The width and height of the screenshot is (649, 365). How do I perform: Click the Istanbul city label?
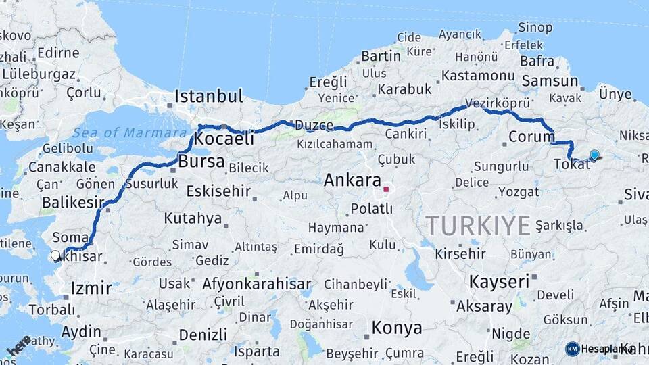point(208,96)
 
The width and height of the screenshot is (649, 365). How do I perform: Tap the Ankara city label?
point(352,180)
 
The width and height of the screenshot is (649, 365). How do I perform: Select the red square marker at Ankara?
point(386,189)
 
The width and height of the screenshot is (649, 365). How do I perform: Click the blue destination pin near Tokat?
point(594,155)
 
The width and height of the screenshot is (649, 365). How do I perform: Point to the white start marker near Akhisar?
point(55,255)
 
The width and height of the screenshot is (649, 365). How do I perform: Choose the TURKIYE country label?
point(478,225)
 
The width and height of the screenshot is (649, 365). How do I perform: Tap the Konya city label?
point(397,328)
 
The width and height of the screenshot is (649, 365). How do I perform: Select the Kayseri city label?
point(499,282)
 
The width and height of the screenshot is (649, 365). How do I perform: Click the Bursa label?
point(201,162)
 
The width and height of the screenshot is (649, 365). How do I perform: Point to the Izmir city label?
point(91,289)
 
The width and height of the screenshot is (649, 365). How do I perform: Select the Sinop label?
point(535,28)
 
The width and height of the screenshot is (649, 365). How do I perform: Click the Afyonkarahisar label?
point(256,284)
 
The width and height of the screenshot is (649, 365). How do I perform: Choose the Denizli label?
point(203,334)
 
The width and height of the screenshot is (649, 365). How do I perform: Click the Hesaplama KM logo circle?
point(573,349)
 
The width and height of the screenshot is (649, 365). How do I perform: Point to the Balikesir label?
point(73,202)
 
